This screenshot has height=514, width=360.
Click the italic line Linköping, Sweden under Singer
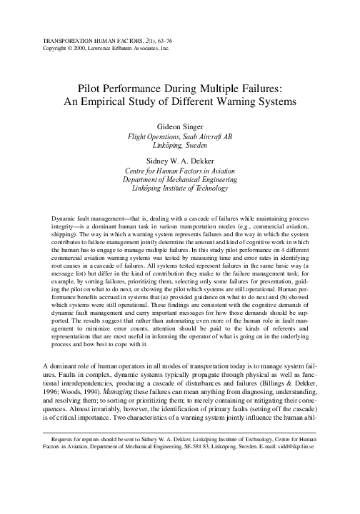click(x=179, y=145)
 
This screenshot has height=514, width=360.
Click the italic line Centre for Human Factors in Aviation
click(x=179, y=171)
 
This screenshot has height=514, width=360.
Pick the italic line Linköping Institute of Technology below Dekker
click(x=179, y=188)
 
